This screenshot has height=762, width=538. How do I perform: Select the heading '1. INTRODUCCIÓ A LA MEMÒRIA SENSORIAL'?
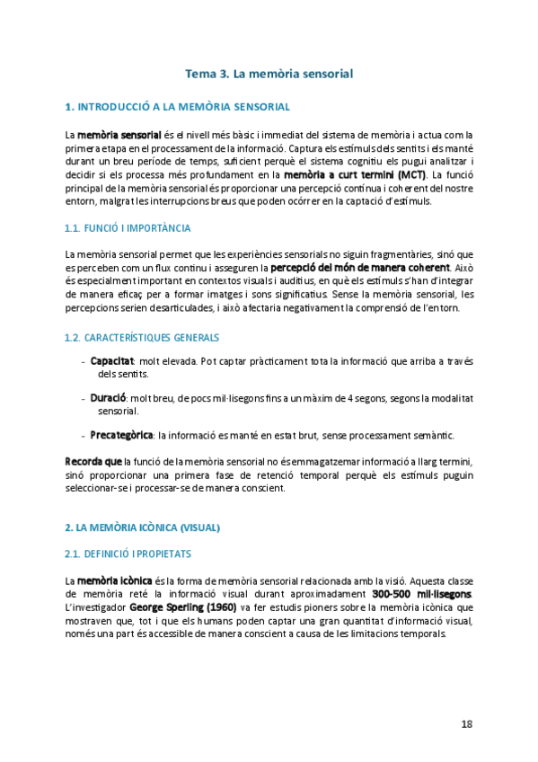(x=177, y=107)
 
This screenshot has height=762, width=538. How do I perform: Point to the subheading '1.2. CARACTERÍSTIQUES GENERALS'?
(x=142, y=312)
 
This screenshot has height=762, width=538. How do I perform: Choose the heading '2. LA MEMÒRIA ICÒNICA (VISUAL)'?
(x=142, y=526)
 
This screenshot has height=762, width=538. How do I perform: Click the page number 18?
(x=466, y=723)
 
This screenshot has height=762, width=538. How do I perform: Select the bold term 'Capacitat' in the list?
(x=111, y=335)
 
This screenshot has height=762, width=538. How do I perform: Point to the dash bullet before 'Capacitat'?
(x=84, y=335)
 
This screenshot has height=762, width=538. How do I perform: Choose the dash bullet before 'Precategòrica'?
(x=84, y=435)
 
